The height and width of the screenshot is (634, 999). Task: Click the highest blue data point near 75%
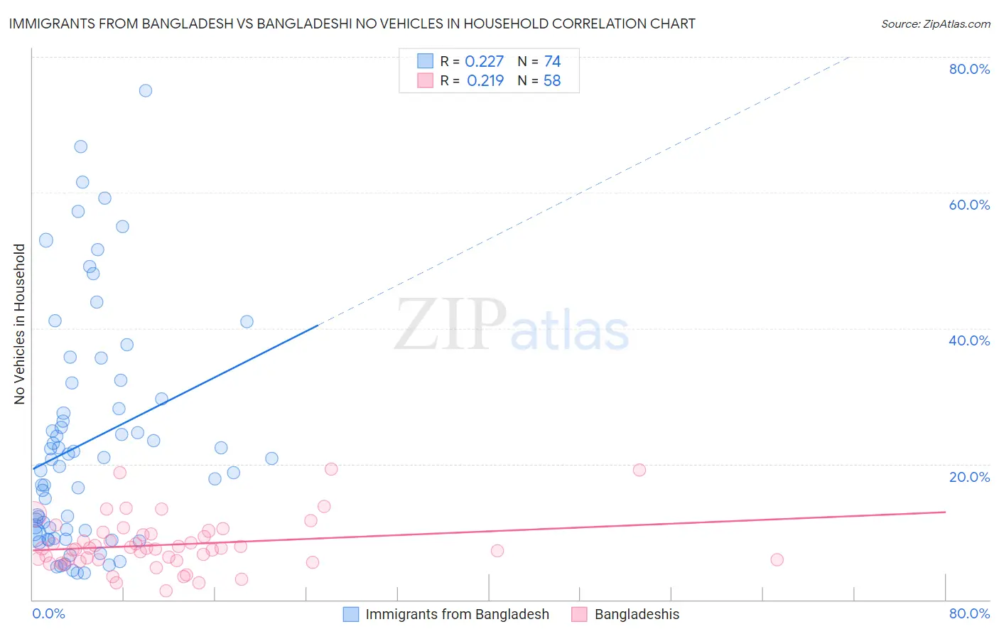click(146, 90)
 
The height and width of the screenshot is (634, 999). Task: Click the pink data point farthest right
click(777, 559)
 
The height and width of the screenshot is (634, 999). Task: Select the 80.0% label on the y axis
click(969, 69)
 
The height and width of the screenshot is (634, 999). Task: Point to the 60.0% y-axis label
click(969, 205)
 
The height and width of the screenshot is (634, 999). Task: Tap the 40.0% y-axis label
click(969, 340)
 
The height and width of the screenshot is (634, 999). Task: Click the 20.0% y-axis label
click(969, 477)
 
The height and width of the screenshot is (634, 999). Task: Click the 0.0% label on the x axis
click(48, 613)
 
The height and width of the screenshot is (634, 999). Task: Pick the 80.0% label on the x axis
click(969, 613)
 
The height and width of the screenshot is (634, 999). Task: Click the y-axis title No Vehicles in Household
click(20, 324)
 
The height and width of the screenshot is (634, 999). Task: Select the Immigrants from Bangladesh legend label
click(457, 614)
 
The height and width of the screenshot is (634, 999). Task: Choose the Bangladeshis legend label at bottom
click(637, 614)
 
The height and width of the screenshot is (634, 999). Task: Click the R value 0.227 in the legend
click(484, 62)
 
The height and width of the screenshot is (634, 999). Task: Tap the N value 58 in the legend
click(552, 81)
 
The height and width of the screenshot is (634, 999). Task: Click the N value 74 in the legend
click(552, 62)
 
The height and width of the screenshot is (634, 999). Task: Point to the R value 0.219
click(485, 81)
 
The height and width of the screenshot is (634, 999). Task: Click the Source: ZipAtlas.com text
click(935, 24)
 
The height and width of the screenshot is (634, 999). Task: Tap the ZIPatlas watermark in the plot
click(512, 326)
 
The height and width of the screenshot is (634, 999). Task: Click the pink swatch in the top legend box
click(425, 80)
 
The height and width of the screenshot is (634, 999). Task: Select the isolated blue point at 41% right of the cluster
click(247, 321)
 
